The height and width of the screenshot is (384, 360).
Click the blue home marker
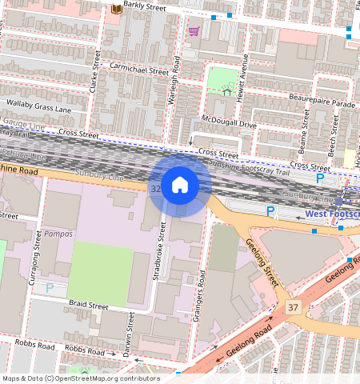click(x=180, y=185)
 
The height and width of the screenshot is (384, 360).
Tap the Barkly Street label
click(x=144, y=7)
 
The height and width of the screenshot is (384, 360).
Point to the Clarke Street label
click(x=94, y=73)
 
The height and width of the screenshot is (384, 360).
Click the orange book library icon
click(x=115, y=9)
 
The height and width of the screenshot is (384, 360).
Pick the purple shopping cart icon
click(x=194, y=32)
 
